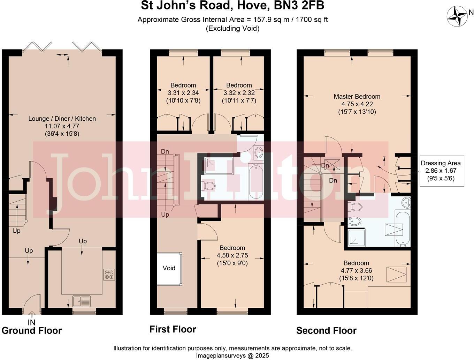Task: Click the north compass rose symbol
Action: (457, 16)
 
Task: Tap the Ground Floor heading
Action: (32, 330)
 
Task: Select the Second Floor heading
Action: (326, 330)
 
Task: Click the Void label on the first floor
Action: (169, 268)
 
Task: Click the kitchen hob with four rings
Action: (109, 275)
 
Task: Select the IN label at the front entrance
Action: (31, 322)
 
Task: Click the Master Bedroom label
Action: (357, 97)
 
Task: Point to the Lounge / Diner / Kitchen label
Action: (62, 119)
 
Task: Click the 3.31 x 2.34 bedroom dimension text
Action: (183, 93)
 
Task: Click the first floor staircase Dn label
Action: (165, 152)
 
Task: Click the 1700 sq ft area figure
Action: (312, 20)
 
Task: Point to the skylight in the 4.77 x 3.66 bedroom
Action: (396, 274)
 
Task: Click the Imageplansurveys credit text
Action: (232, 355)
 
